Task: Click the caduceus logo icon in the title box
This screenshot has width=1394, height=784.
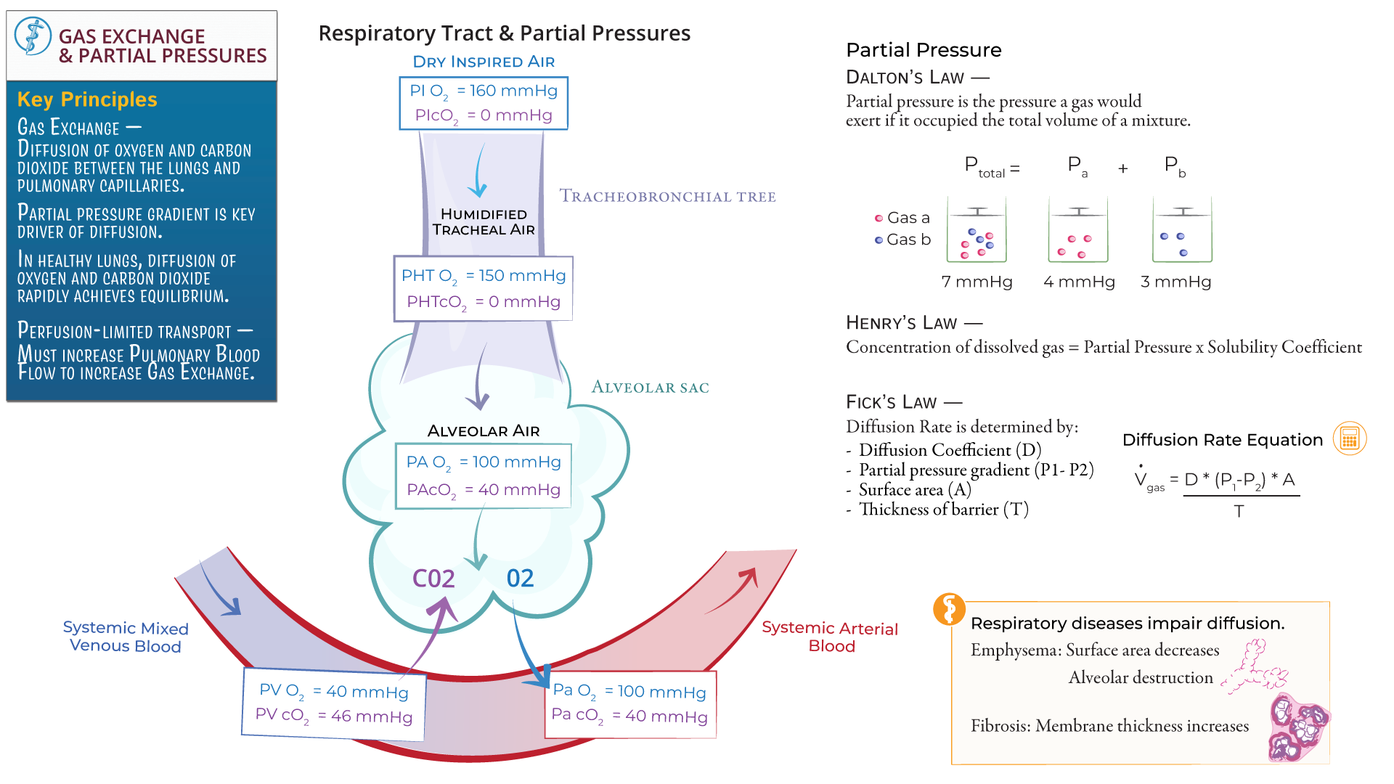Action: pyautogui.click(x=33, y=36)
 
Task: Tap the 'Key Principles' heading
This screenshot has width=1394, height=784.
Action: pyautogui.click(x=87, y=99)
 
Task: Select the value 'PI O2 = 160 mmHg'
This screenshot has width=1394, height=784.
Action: pyautogui.click(x=483, y=91)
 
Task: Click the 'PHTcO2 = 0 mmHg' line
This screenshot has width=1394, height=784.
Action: pyautogui.click(x=483, y=302)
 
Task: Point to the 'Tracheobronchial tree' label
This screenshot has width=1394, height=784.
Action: pyautogui.click(x=667, y=197)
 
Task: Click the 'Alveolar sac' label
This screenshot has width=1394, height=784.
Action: pyautogui.click(x=650, y=388)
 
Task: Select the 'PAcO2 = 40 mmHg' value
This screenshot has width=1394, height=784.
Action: pyautogui.click(x=483, y=490)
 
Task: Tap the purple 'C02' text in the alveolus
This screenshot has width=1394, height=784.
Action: pyautogui.click(x=433, y=579)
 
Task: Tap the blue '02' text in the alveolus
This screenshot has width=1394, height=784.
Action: pyautogui.click(x=520, y=579)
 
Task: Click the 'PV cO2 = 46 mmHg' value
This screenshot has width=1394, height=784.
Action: pyautogui.click(x=333, y=716)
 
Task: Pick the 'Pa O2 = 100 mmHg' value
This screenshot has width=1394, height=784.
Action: pyautogui.click(x=629, y=691)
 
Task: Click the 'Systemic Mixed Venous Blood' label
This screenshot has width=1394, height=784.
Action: pyautogui.click(x=125, y=637)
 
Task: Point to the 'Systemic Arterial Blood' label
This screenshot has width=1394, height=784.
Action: pyautogui.click(x=830, y=637)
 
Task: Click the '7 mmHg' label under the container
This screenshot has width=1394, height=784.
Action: pyautogui.click(x=977, y=282)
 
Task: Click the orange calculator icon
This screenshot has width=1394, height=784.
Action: pyautogui.click(x=1349, y=439)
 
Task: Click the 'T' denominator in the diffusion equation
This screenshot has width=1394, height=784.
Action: pyautogui.click(x=1239, y=512)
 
